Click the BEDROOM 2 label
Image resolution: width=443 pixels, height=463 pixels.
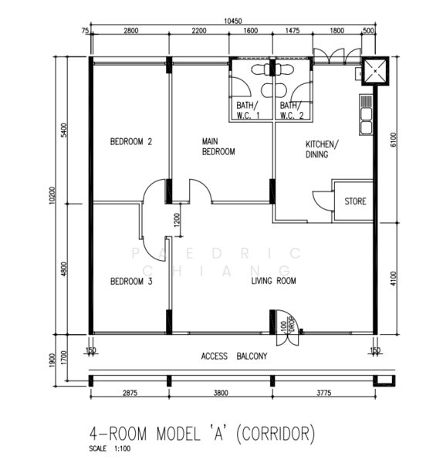point(131,142)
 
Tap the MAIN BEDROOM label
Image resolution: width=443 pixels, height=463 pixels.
point(218,147)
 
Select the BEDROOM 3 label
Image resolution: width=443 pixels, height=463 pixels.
point(131,282)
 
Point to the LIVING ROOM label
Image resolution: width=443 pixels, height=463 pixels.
point(273,281)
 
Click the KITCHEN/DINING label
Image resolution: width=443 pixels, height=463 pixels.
point(322,149)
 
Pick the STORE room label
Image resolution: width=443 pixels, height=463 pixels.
point(355,201)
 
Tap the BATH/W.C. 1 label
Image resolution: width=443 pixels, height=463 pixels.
point(248,110)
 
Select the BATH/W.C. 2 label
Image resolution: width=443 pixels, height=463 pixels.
point(291,110)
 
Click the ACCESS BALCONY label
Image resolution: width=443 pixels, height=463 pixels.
point(234,356)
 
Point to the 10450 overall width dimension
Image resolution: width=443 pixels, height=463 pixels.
point(233,21)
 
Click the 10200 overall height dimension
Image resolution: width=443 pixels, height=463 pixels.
point(52,195)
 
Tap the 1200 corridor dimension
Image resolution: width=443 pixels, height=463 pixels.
point(177,220)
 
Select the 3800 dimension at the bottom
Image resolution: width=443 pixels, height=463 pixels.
point(221,393)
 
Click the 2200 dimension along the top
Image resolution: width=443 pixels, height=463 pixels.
point(199,30)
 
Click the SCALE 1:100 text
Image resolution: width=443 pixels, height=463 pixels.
point(110,448)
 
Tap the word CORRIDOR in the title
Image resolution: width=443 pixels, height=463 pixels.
point(276,434)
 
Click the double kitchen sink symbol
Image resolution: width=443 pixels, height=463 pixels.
point(366,115)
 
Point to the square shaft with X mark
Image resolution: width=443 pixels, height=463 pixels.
point(375,71)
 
